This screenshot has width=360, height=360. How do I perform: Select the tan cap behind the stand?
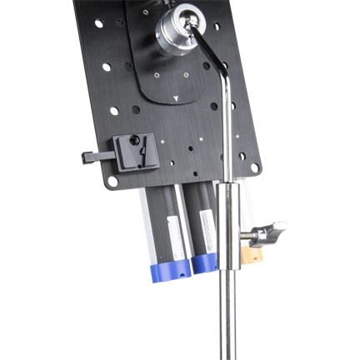point(248,250)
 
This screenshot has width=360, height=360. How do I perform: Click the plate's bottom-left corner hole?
point(110,178)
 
